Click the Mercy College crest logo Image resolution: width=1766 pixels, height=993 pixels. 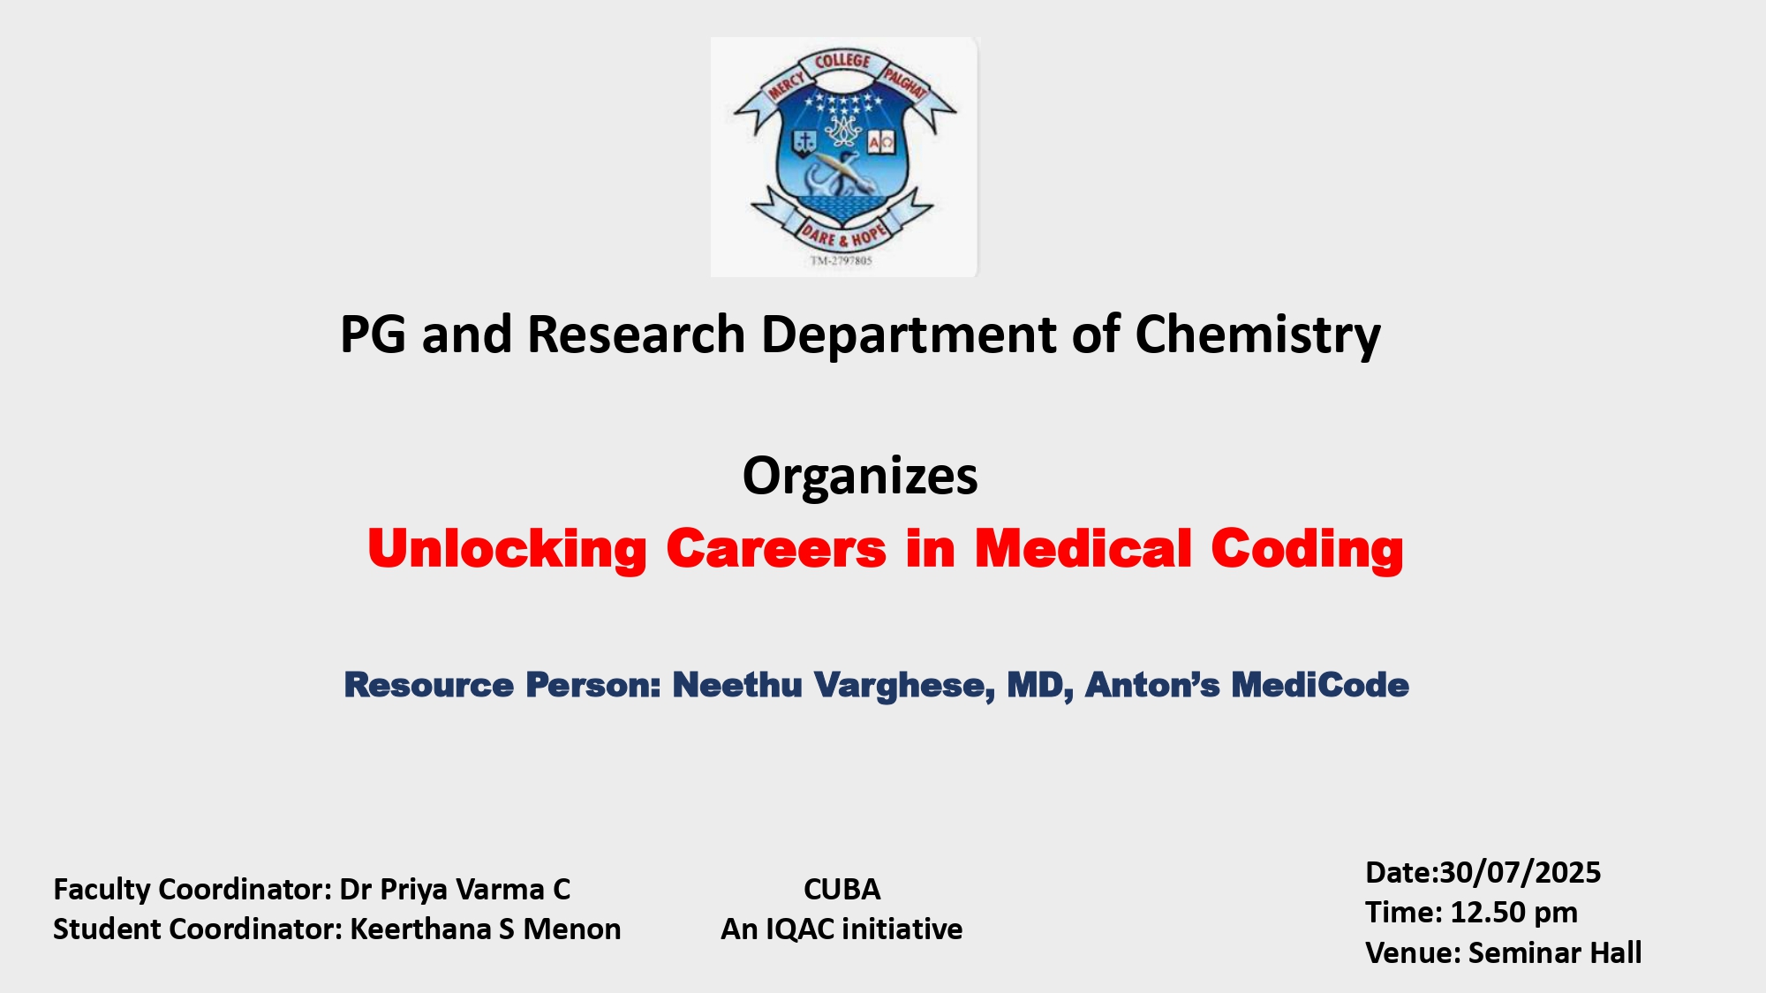pyautogui.click(x=845, y=157)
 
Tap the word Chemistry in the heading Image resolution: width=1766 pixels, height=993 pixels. pyautogui.click(x=1257, y=336)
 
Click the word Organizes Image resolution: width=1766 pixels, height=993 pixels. pyautogui.click(x=860, y=478)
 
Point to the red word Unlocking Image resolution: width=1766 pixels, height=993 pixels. pyautogui.click(x=508, y=550)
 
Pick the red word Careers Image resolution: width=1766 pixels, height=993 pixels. pyautogui.click(x=776, y=549)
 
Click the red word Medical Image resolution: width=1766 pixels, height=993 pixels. pyautogui.click(x=1083, y=549)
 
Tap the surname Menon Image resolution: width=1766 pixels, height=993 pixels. pyautogui.click(x=572, y=929)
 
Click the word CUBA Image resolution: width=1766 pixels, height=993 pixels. pyautogui.click(x=841, y=889)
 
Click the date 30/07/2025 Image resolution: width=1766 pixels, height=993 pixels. pyautogui.click(x=1521, y=872)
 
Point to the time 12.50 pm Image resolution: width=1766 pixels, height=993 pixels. pyautogui.click(x=1514, y=913)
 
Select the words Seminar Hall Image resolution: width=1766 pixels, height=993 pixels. pyautogui.click(x=1555, y=952)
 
